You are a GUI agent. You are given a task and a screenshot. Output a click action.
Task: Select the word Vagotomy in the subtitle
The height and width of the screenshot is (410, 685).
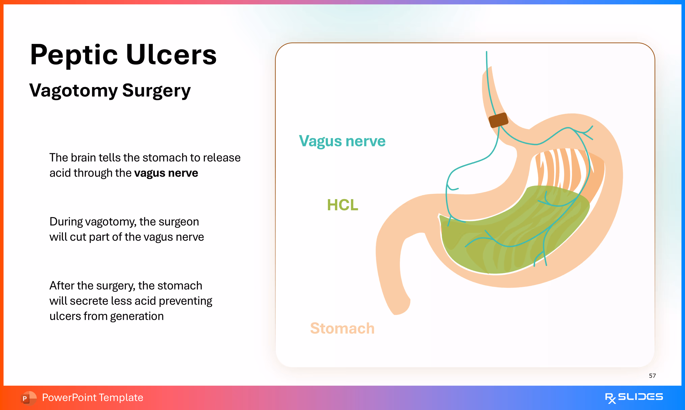pos(73,91)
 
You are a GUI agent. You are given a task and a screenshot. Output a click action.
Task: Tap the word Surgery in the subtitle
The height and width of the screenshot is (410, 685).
pos(156,91)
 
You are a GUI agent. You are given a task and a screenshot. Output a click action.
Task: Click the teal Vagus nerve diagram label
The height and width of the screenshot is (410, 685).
pos(342,141)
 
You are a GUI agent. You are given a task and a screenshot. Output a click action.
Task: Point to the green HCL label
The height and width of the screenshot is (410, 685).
pos(342,205)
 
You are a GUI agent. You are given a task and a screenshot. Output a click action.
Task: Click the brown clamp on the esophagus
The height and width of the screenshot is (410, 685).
pos(498,120)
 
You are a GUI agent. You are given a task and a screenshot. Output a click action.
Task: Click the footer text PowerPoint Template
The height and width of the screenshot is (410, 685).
pos(92,398)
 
